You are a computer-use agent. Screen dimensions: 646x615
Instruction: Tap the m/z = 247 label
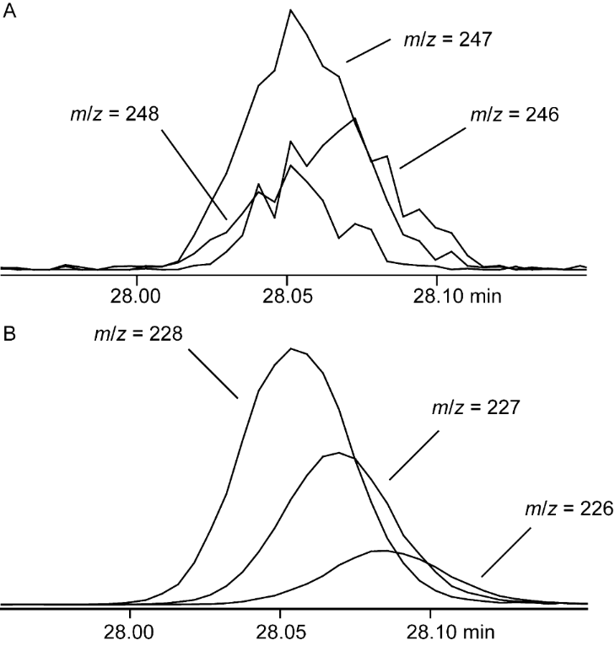(x=434, y=39)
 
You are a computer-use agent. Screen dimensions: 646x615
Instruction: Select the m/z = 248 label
(x=105, y=111)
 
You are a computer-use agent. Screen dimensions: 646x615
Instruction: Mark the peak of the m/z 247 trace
(x=291, y=11)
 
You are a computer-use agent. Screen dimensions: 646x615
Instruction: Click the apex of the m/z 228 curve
(x=292, y=347)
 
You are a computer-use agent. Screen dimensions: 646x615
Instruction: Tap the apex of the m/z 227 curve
(x=337, y=453)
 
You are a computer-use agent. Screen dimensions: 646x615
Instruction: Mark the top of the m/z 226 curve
(x=381, y=551)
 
